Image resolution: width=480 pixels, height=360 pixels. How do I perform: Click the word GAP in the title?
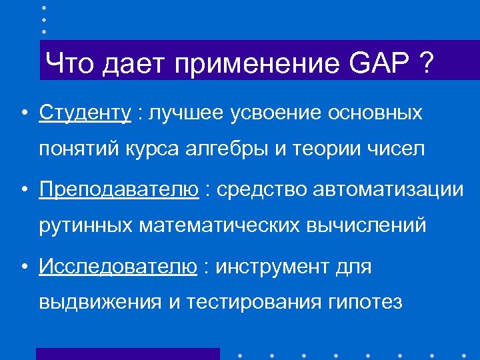click(x=375, y=65)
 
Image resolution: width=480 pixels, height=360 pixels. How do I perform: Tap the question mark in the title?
click(x=423, y=65)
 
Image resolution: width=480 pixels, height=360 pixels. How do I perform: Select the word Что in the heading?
click(x=68, y=65)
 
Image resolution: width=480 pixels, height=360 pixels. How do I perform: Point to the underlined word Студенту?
click(x=85, y=113)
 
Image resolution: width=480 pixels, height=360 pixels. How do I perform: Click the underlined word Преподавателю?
click(x=119, y=190)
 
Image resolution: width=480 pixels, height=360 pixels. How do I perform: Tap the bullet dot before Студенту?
click(x=23, y=113)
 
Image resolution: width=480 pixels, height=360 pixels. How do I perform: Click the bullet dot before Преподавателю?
click(x=23, y=191)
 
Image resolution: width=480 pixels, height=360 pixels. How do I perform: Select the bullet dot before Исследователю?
click(x=23, y=267)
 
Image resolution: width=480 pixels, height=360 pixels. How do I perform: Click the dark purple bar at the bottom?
click(x=127, y=354)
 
